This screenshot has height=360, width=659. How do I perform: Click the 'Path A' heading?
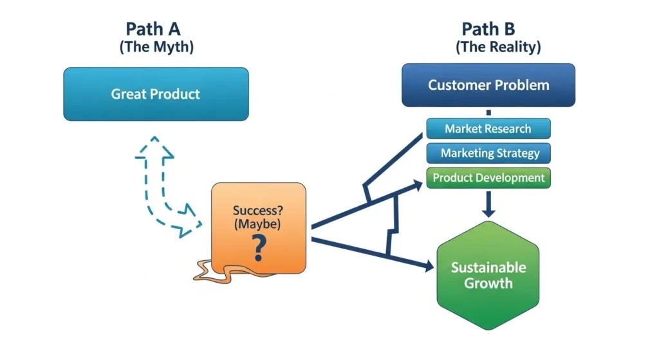pos(153,29)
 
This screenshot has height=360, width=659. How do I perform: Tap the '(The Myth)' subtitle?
pos(156,46)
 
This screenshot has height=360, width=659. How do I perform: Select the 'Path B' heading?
pos(488,29)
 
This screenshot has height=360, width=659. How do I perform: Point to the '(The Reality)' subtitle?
pos(498,46)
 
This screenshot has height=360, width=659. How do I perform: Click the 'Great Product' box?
pos(156,94)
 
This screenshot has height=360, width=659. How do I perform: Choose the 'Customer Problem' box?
pos(488,85)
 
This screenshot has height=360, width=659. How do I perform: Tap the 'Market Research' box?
pos(488,129)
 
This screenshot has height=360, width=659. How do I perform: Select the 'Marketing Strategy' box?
pos(488,153)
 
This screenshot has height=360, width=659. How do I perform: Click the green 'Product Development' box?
pos(488,178)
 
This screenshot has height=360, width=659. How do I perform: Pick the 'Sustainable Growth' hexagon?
pos(488,276)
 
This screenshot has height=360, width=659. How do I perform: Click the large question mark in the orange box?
pos(259,248)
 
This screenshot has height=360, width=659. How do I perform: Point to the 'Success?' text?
pos(258,211)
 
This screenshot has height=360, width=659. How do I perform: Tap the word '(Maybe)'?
pos(257,223)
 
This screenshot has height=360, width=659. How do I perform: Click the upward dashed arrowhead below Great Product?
pos(154,147)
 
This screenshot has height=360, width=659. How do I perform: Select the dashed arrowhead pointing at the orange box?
pos(189,222)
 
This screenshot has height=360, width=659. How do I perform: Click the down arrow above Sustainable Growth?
pos(488,204)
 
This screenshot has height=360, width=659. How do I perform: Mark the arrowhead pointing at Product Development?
pos(418,185)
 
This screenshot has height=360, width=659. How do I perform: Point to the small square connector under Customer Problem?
pos(488,113)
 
